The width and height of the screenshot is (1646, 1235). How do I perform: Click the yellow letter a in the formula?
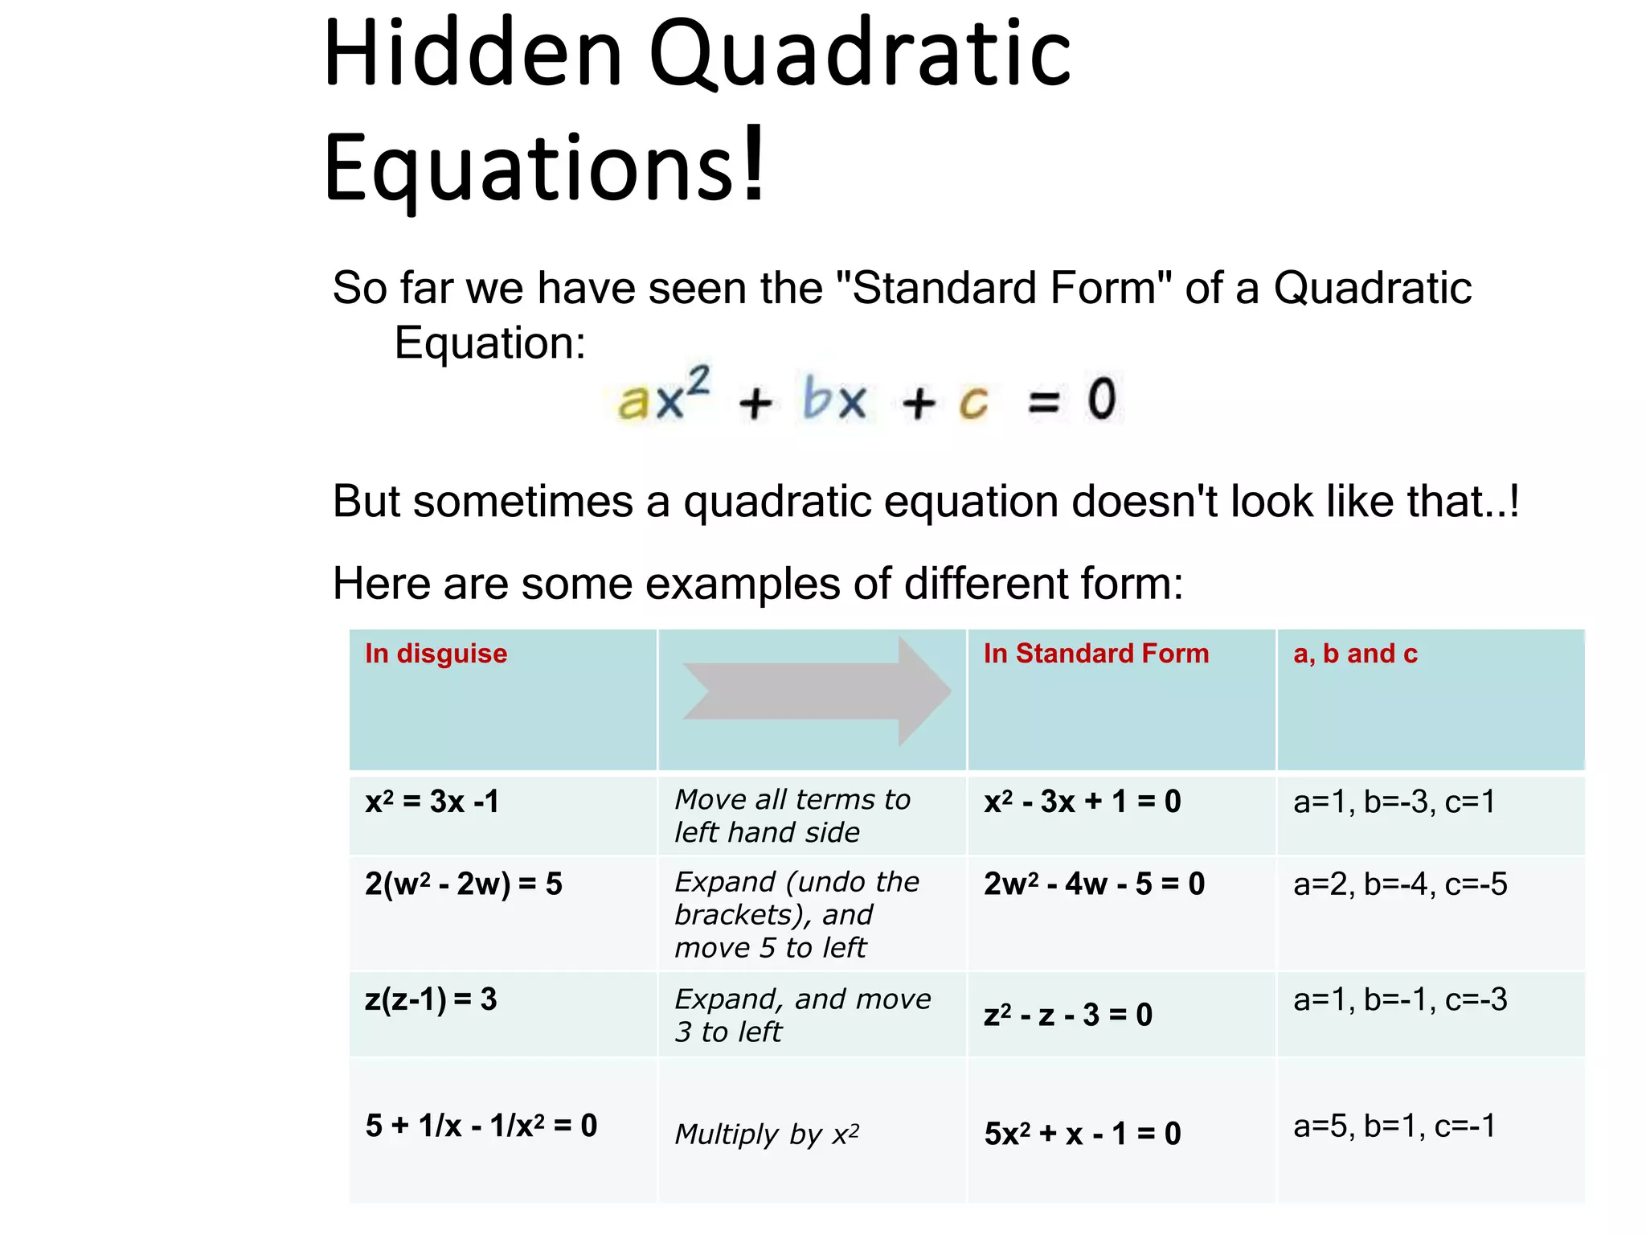tap(634, 400)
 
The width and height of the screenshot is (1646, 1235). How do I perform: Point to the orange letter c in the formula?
tap(973, 401)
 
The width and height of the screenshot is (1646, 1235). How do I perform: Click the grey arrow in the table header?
tap(816, 691)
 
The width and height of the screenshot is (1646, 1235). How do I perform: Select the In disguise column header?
tap(436, 654)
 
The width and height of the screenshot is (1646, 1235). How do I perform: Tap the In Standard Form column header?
tap(1095, 654)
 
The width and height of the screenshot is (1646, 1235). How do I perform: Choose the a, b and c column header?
tap(1355, 654)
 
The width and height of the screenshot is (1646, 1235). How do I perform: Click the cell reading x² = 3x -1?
tap(432, 802)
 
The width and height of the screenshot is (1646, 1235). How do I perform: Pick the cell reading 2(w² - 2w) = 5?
tap(464, 884)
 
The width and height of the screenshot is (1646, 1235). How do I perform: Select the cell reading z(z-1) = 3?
tap(432, 999)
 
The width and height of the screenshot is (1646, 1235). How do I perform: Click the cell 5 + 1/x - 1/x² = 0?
tap(481, 1126)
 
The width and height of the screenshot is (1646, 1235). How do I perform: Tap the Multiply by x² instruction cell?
tap(767, 1134)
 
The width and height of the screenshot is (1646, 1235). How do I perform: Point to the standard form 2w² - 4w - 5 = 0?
tap(1094, 884)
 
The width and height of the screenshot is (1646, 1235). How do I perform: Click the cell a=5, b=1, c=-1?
tap(1394, 1126)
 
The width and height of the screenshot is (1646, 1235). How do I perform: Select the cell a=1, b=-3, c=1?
tap(1394, 802)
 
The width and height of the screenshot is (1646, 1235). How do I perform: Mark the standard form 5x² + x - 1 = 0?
tap(1083, 1134)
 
